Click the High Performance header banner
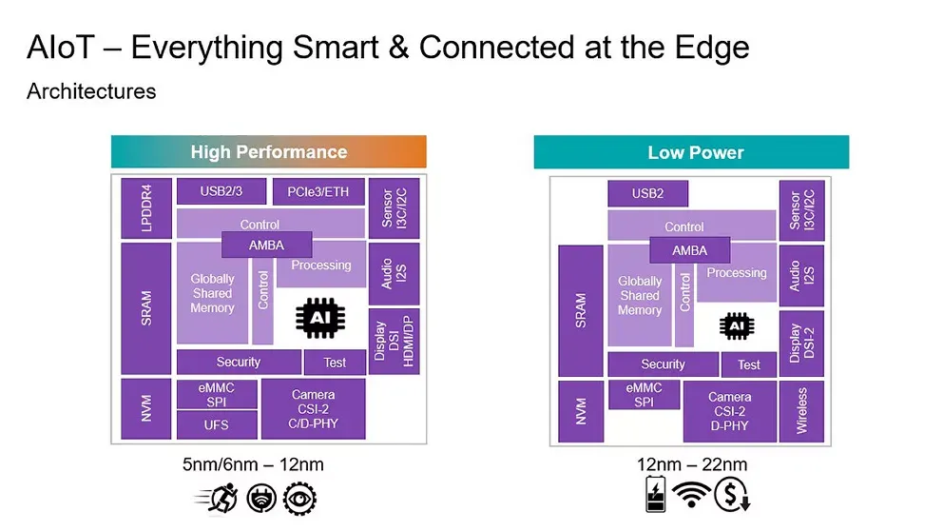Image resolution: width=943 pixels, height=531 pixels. pyautogui.click(x=268, y=152)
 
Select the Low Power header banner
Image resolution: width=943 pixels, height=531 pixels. pyautogui.click(x=690, y=153)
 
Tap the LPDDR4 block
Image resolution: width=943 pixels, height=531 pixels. pyautogui.click(x=145, y=207)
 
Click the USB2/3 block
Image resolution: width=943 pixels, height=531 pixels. pyautogui.click(x=221, y=191)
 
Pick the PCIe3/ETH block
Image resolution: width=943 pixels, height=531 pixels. pyautogui.click(x=318, y=192)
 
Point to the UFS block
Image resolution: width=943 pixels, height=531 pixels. pyautogui.click(x=216, y=424)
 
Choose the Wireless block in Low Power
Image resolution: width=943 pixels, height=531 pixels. pyautogui.click(x=801, y=411)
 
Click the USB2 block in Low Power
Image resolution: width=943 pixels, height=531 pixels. pyautogui.click(x=647, y=194)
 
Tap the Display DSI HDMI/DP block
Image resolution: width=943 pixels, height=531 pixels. pyautogui.click(x=394, y=341)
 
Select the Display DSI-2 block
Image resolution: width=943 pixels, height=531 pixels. pyautogui.click(x=801, y=343)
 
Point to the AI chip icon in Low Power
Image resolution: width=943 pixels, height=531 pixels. pyautogui.click(x=735, y=325)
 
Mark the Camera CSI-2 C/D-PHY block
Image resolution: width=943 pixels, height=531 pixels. pyautogui.click(x=314, y=409)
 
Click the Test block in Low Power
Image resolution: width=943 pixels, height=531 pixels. pyautogui.click(x=748, y=364)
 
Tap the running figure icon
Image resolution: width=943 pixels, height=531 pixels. pyautogui.click(x=217, y=497)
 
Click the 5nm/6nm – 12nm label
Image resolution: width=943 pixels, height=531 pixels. pyautogui.click(x=260, y=465)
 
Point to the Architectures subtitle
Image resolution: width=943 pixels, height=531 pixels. pyautogui.click(x=91, y=92)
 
